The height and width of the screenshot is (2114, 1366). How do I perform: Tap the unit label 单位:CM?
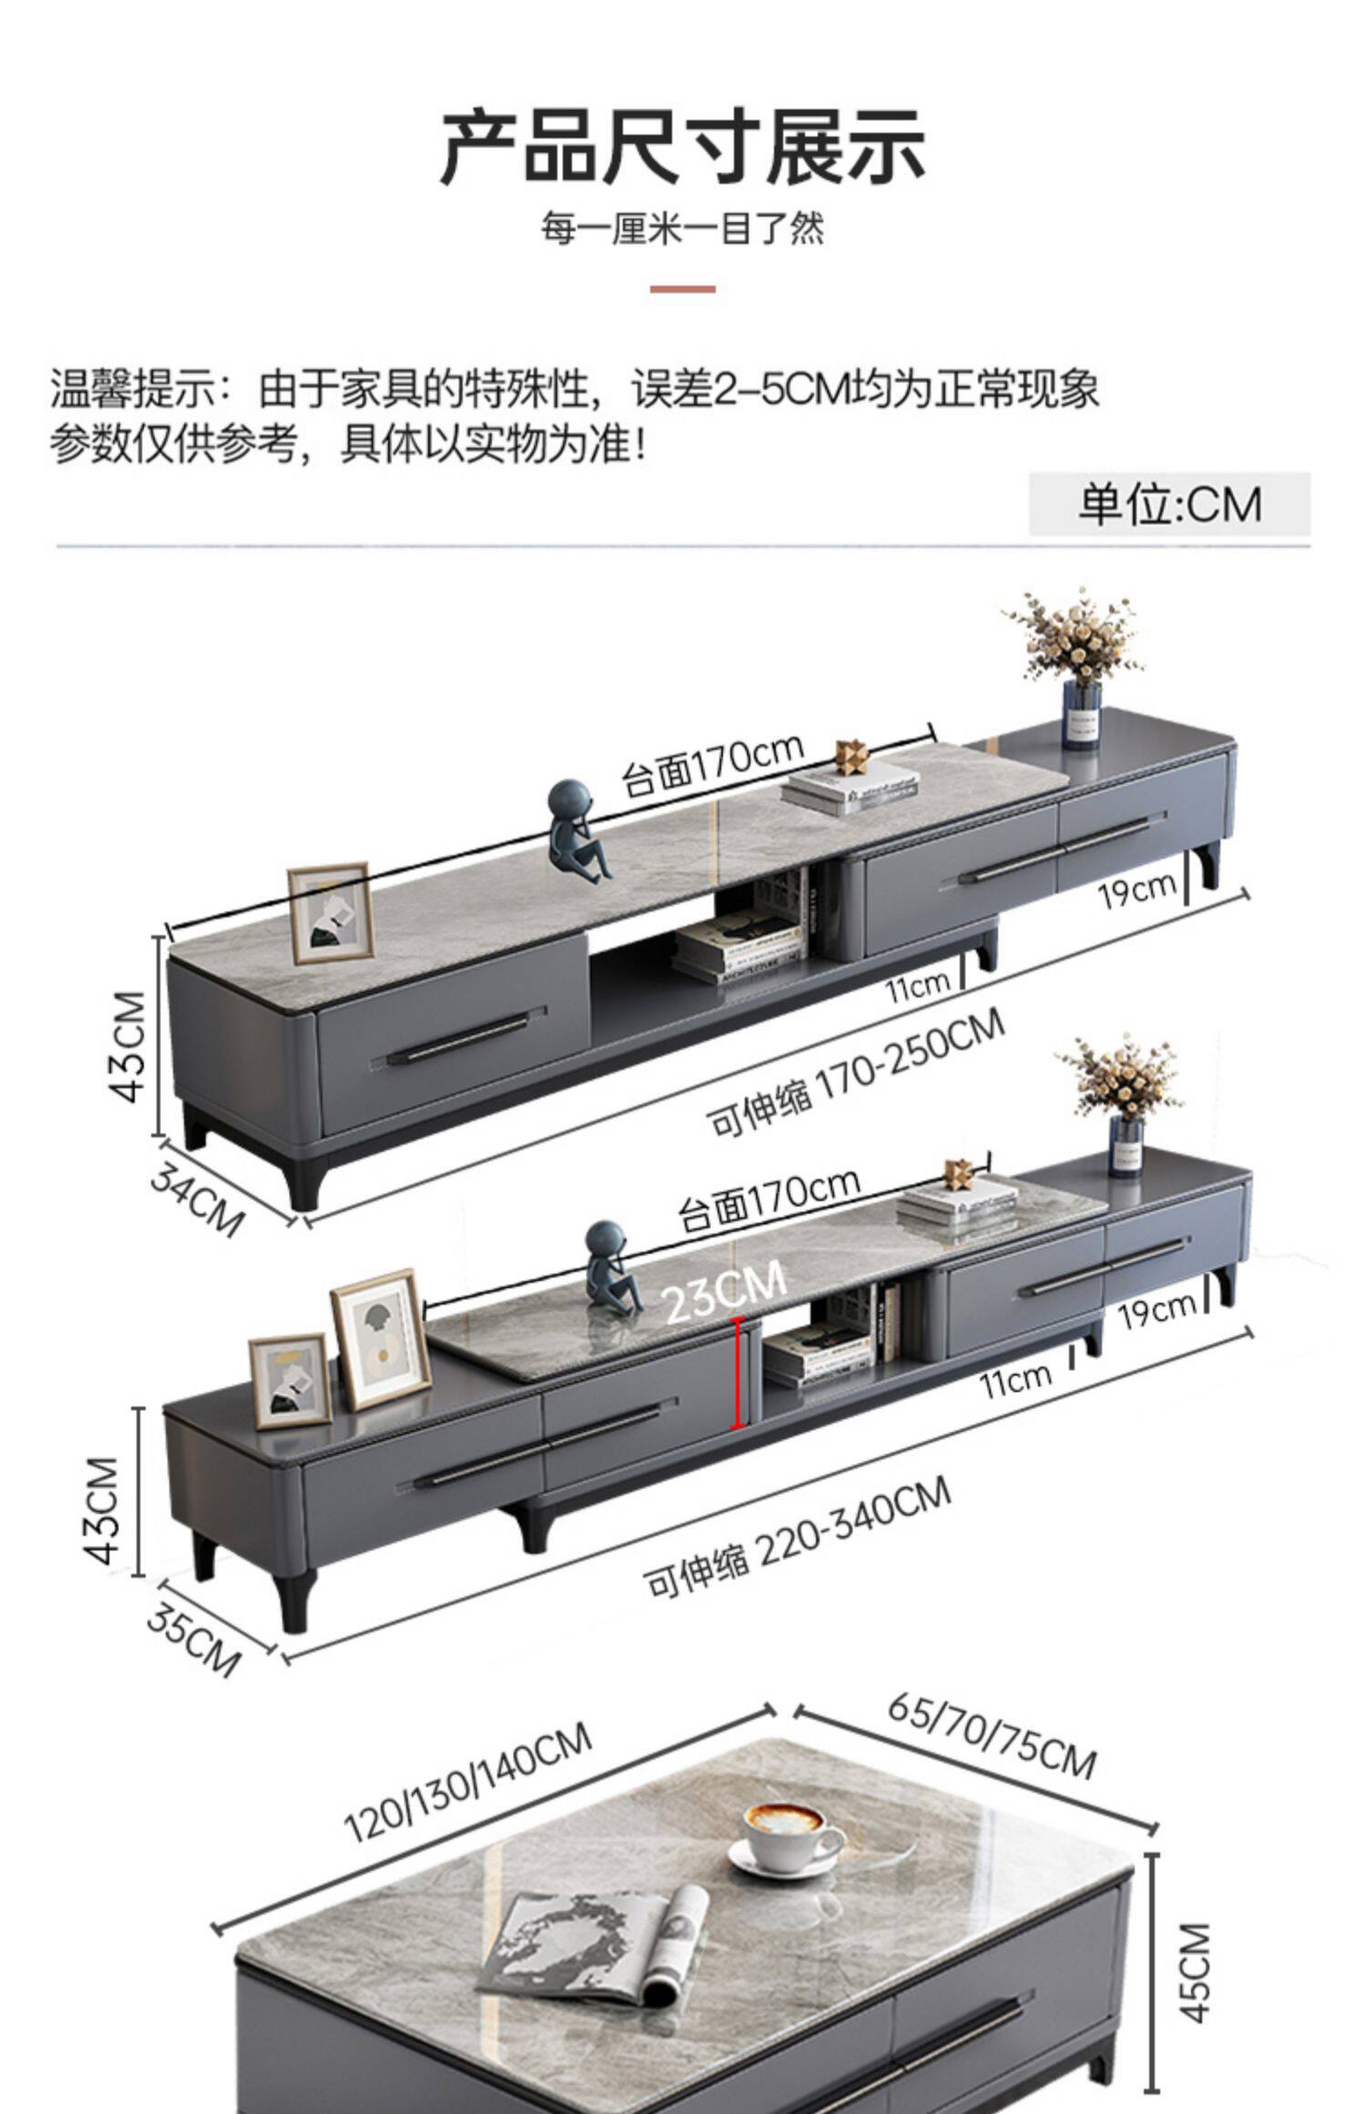pyautogui.click(x=1169, y=503)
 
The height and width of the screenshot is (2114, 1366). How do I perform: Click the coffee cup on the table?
pyautogui.click(x=787, y=1837)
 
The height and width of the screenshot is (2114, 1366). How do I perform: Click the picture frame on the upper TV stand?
pyautogui.click(x=330, y=913)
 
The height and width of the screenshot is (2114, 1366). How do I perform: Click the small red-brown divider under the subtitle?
pyautogui.click(x=682, y=290)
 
